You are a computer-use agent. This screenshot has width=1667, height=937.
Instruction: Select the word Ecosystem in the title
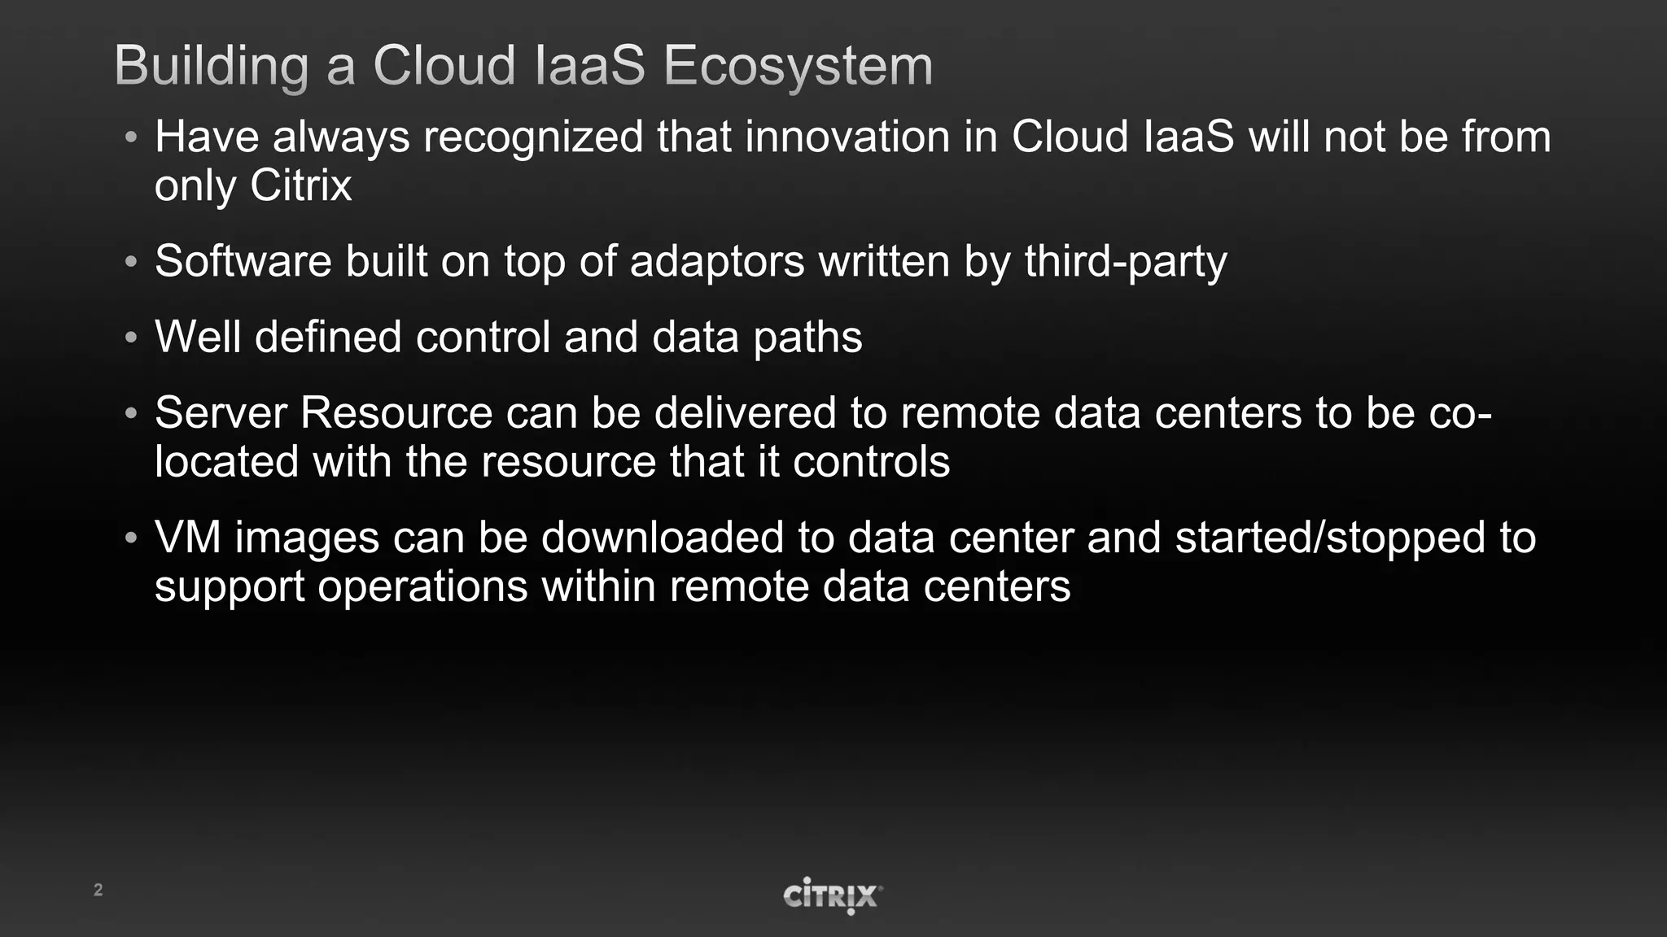798,65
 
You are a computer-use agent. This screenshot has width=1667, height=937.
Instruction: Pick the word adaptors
717,261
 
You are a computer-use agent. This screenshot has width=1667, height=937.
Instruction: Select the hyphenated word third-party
1125,261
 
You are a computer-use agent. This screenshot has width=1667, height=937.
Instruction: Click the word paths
807,337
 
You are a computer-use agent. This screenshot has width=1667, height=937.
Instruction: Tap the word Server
221,412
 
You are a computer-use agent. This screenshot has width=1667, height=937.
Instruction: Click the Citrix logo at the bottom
832,896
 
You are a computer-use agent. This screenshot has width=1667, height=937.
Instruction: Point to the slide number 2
98,890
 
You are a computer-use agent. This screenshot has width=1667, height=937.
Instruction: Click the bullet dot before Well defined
131,338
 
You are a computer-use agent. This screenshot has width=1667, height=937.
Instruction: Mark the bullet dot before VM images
131,538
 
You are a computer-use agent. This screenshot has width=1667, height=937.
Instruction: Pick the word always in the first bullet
341,137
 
